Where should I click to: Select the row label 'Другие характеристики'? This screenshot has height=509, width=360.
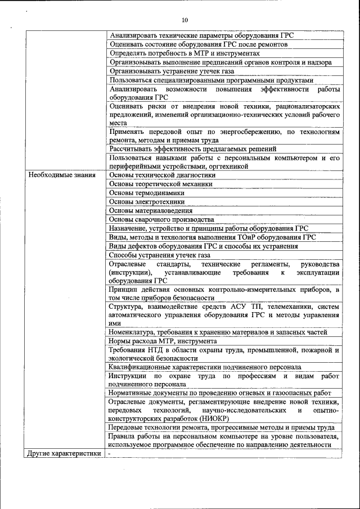coord(64,453)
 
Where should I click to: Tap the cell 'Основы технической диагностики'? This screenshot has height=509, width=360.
coord(162,175)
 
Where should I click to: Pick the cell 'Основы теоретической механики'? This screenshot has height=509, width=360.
coord(161,184)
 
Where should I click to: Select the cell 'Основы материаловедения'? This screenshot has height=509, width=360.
coord(151,210)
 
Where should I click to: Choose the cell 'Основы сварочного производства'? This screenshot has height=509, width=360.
coord(161,219)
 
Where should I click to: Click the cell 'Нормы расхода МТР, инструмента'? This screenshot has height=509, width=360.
coord(163,341)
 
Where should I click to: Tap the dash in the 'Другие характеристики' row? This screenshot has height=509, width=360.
coord(110,453)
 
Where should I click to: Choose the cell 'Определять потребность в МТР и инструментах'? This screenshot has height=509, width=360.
coord(184,53)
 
